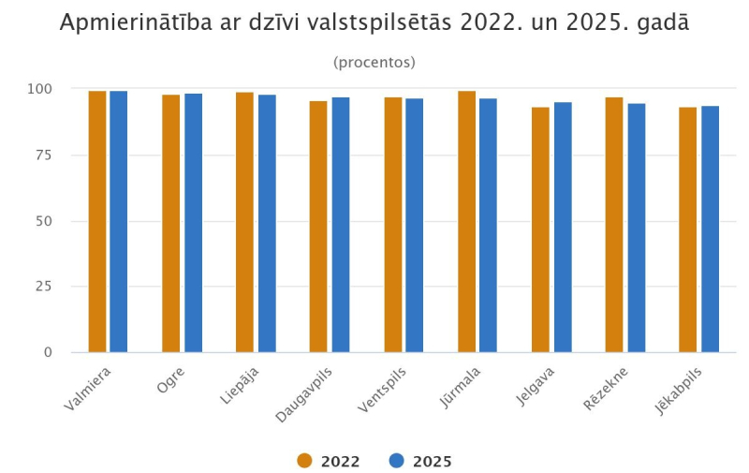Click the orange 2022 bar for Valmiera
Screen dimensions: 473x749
pos(97,222)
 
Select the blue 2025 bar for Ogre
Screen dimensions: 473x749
pos(193,223)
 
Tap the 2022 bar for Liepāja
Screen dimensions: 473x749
pos(244,222)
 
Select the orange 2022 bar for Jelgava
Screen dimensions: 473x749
pos(540,229)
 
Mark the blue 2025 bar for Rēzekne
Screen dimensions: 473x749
pos(636,228)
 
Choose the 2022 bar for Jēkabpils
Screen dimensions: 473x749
pos(688,229)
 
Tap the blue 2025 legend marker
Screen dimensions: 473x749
pos(396,461)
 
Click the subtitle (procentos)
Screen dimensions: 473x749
pos(374,63)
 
